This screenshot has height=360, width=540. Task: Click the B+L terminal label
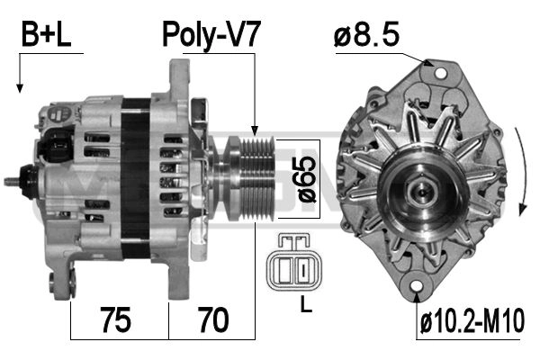tap(46, 34)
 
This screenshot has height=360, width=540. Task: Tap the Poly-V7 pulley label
tap(210, 35)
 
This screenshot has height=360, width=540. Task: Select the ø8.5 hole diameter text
tap(366, 34)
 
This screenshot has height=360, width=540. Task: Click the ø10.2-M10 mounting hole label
tap(472, 321)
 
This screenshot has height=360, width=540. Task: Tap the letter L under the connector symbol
tap(306, 304)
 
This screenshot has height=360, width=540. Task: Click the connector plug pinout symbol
tap(295, 262)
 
